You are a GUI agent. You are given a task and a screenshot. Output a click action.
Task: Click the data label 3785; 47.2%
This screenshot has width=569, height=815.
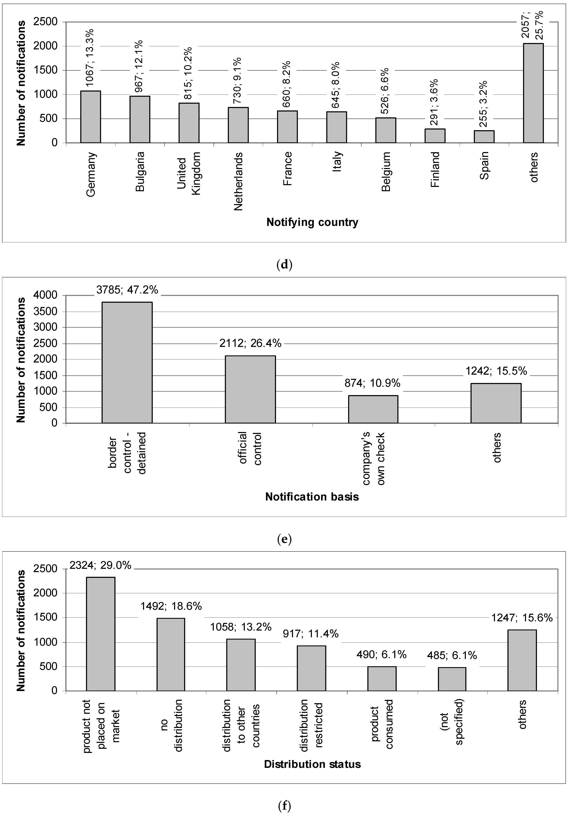point(127,290)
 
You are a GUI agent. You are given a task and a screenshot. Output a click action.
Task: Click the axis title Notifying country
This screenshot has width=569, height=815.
point(312,222)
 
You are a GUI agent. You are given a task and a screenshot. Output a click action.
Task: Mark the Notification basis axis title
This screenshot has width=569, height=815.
point(312,497)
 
